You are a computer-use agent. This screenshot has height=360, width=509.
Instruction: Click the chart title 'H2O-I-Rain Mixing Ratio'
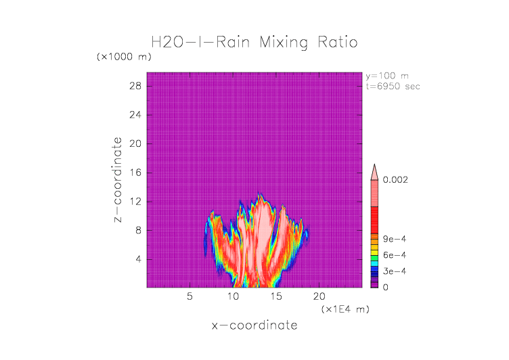254,43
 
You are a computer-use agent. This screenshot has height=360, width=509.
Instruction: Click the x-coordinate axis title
254,325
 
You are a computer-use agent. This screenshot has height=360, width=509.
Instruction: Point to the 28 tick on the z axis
135,86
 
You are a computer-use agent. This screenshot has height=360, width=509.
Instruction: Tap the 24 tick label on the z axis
135,115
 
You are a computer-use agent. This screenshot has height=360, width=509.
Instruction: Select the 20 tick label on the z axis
135,143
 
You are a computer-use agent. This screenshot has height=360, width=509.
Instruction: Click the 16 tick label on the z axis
135,173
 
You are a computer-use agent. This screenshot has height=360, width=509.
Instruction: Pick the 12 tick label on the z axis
135,201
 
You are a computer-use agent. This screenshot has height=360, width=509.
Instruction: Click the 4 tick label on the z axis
137,259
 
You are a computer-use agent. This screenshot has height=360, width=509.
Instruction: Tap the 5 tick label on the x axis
190,296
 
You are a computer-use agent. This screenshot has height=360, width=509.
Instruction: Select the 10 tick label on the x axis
233,296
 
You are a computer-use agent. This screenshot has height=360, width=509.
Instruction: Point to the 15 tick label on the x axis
276,296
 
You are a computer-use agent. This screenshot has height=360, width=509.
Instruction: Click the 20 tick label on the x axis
319,296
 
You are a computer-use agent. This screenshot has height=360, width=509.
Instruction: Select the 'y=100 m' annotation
386,76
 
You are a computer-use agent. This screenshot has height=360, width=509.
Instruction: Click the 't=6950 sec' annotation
393,86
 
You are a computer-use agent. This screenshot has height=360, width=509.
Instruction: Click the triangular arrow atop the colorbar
374,171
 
